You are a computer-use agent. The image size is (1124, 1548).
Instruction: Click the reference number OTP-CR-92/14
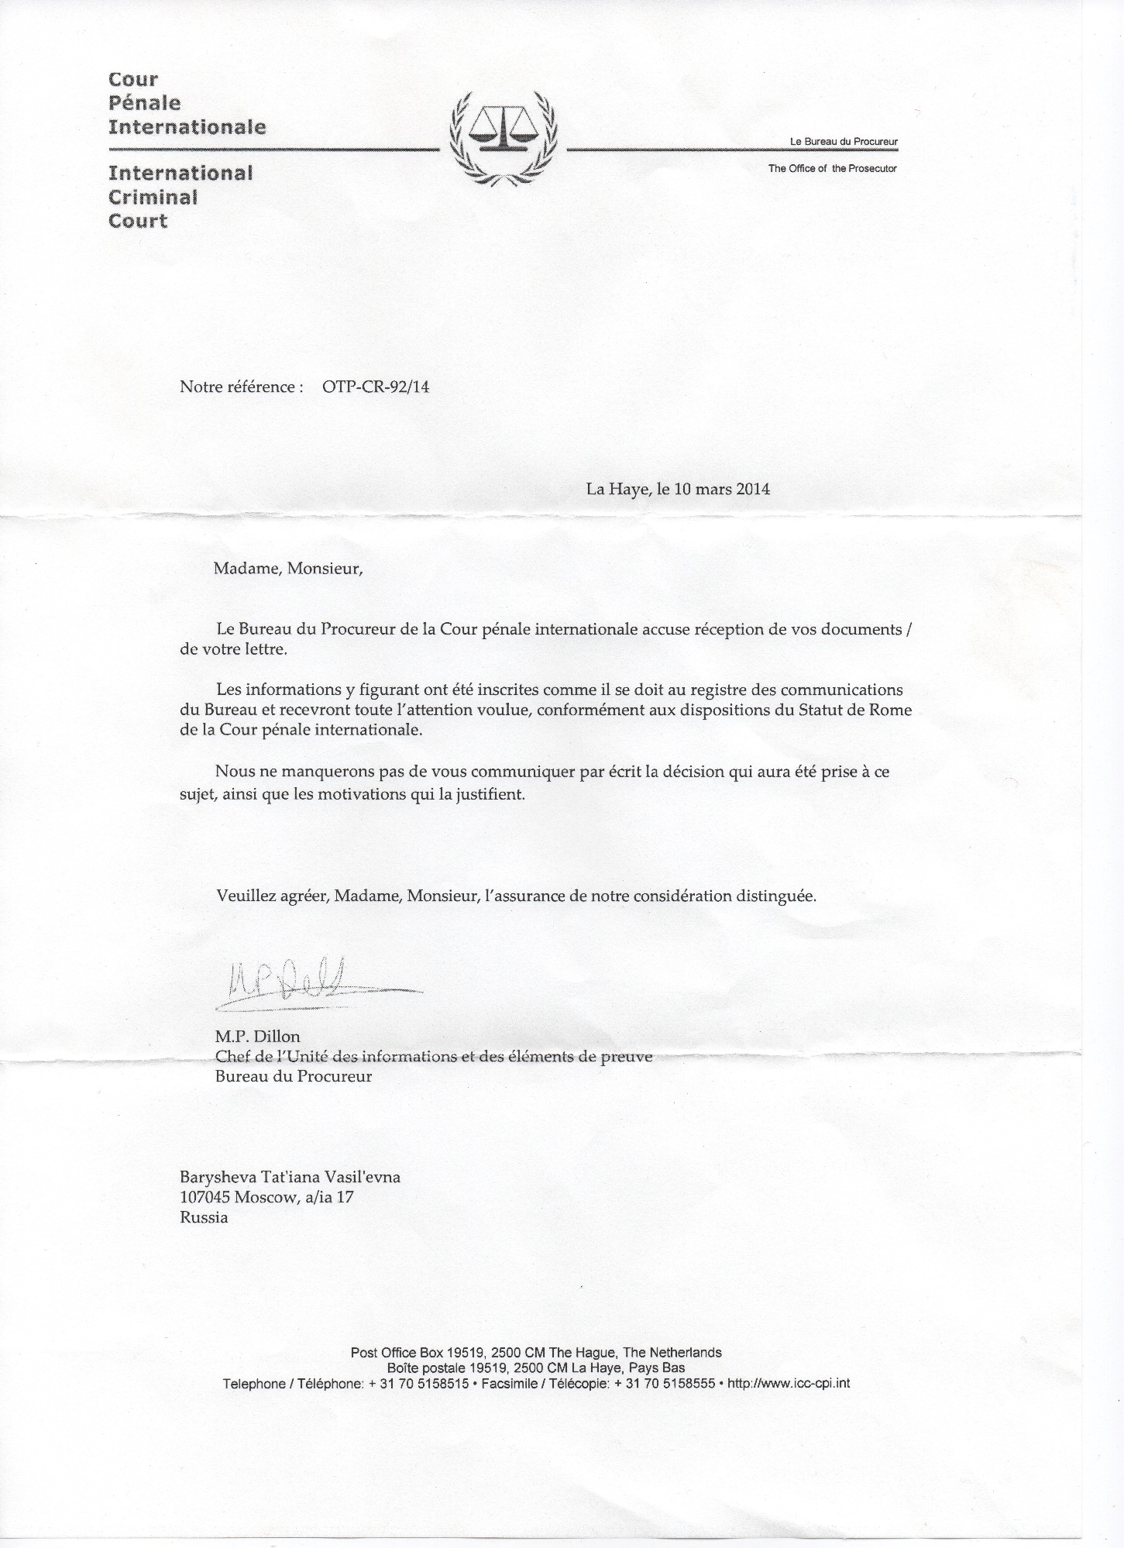coord(375,387)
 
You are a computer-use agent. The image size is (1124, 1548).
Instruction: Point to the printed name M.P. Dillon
coord(258,1037)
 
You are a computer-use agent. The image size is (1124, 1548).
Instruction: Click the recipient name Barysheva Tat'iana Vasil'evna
coord(290,1177)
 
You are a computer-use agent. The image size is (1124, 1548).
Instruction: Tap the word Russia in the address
coord(204,1216)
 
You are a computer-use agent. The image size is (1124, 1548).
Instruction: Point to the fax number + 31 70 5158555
coord(665,1383)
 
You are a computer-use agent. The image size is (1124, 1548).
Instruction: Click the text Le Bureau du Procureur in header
coord(843,142)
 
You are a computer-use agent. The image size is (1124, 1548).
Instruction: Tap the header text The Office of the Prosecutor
coord(832,168)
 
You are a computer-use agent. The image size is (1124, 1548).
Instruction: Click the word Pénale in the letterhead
coord(144,103)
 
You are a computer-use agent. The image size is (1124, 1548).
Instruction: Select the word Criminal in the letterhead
coord(153,197)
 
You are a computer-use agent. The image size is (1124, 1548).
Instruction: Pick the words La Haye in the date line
coord(616,489)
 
